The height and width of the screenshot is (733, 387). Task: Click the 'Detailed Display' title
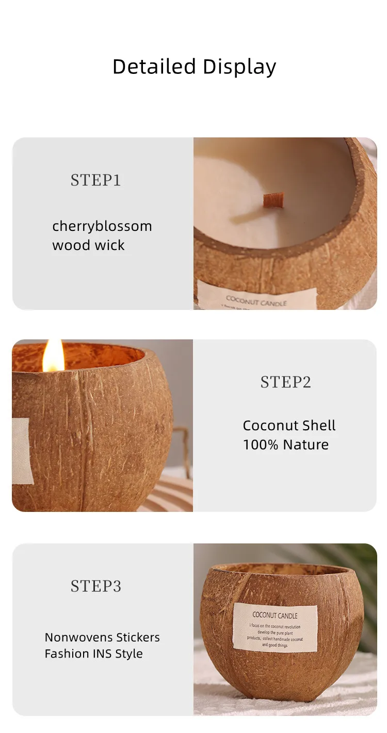194,67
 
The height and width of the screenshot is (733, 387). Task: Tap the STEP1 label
95,180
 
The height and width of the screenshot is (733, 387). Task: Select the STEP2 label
285,382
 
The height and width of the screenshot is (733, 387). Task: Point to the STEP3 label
95,586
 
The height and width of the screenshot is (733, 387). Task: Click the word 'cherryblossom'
102,226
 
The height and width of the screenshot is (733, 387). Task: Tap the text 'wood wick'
88,245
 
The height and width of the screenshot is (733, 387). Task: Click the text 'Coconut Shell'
289,426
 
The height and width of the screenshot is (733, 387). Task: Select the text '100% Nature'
285,445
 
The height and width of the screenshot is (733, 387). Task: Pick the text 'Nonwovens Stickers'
102,637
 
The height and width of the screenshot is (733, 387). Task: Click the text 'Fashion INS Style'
93,653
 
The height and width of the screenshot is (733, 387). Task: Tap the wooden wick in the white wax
273,200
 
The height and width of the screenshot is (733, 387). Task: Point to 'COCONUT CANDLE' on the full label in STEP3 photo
275,615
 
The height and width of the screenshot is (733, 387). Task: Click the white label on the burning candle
22,451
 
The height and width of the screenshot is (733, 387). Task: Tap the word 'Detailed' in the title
154,67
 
